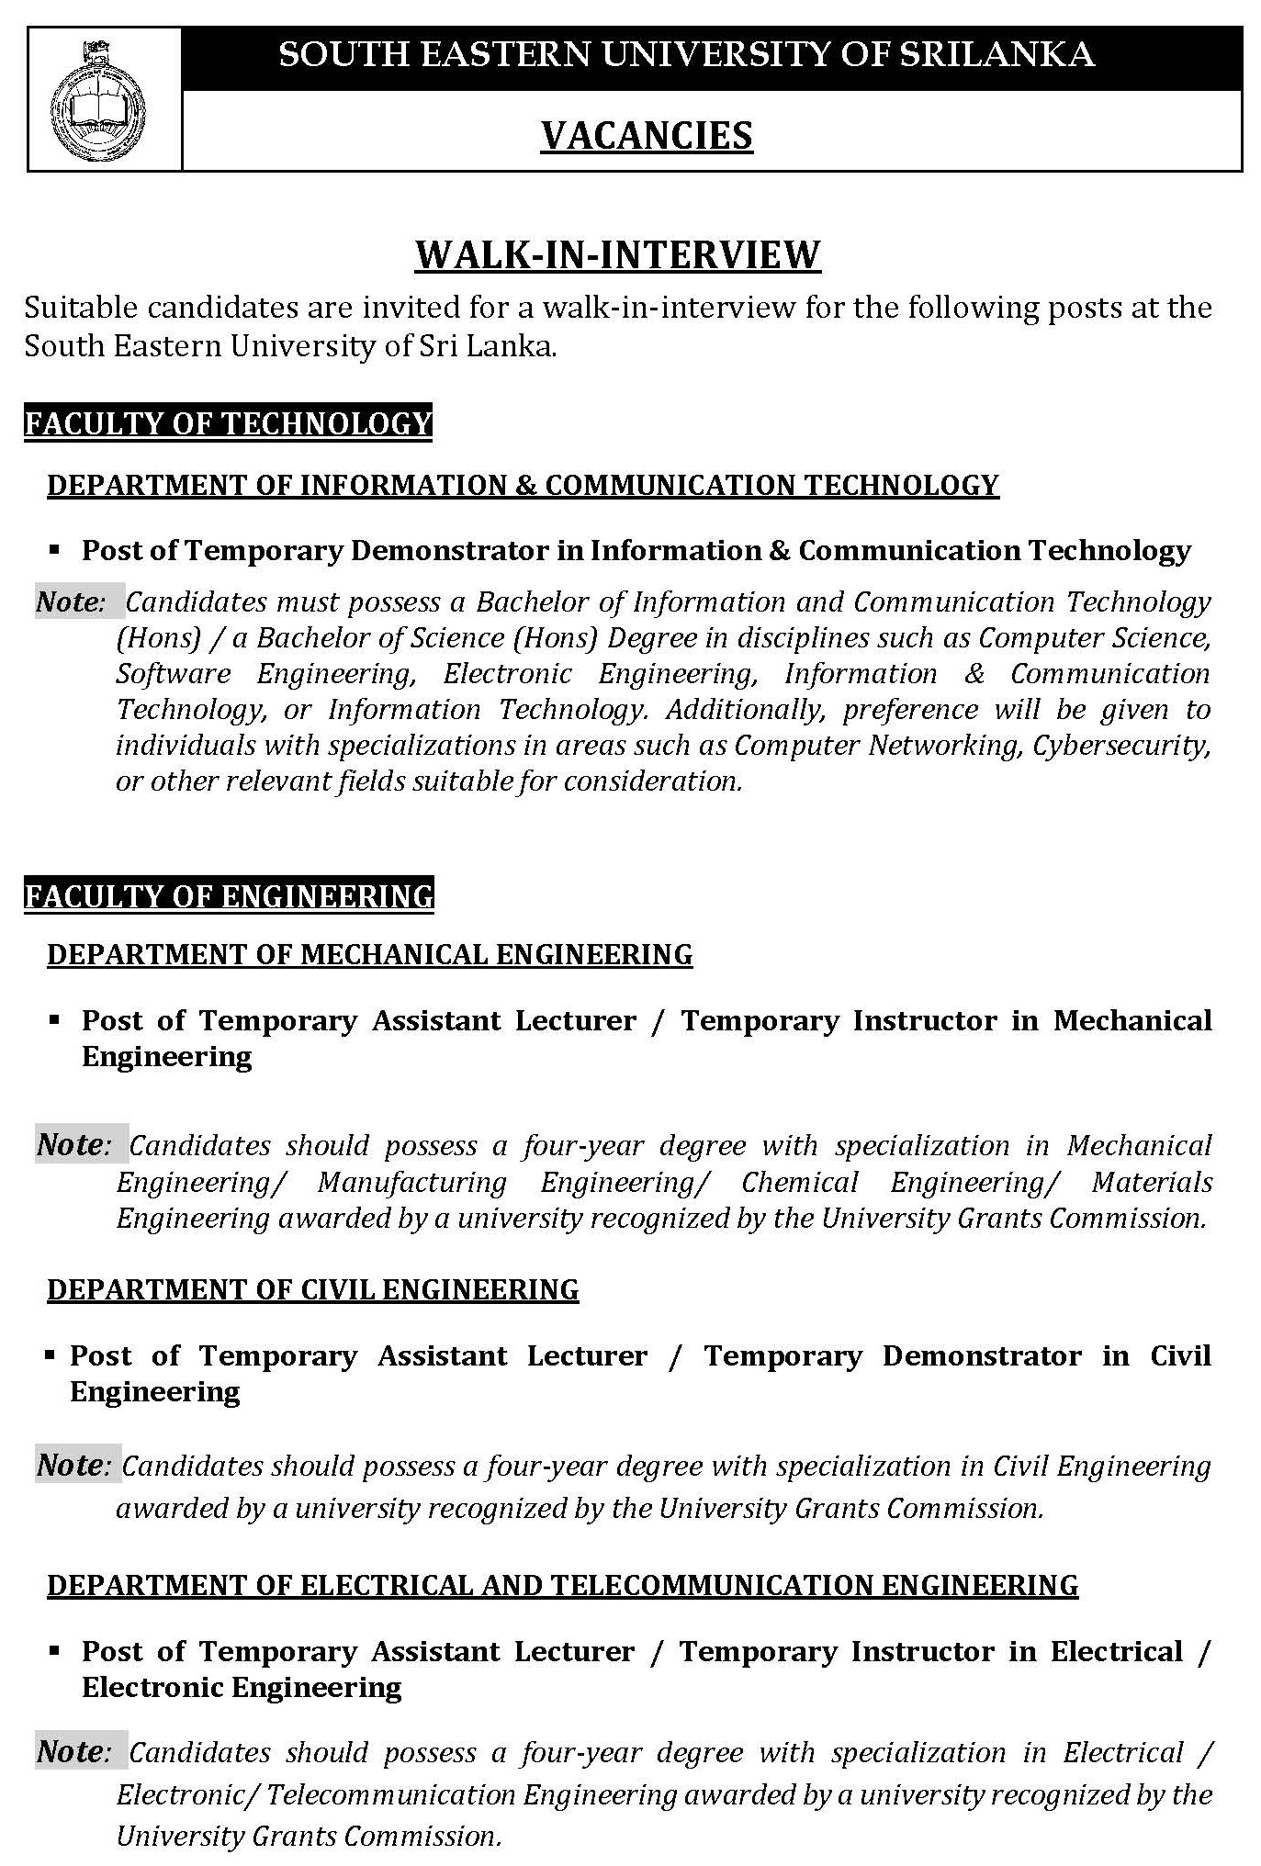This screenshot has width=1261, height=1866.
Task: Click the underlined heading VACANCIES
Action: click(647, 136)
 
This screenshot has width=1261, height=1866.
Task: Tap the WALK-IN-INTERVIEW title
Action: click(617, 254)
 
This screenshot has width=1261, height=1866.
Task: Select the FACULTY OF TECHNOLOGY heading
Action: click(228, 423)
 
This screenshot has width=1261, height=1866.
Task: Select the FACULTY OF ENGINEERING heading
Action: click(229, 895)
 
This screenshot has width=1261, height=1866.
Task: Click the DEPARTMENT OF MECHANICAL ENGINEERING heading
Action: click(369, 955)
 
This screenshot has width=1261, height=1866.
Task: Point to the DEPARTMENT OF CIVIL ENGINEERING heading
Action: click(312, 1290)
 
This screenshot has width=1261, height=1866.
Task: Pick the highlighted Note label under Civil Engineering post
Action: click(73, 1466)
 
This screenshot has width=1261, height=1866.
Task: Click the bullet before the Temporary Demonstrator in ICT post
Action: click(54, 551)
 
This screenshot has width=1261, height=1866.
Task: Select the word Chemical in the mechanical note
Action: click(799, 1183)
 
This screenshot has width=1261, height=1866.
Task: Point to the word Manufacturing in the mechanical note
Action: click(411, 1183)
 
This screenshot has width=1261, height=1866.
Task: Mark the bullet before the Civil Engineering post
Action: click(49, 1356)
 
